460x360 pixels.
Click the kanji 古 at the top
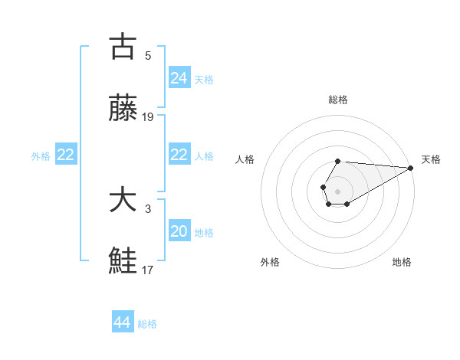click(123, 47)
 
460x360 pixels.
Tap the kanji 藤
click(123, 110)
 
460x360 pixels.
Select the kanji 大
click(123, 200)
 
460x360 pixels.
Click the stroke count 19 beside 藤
click(148, 117)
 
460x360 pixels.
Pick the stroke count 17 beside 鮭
click(148, 270)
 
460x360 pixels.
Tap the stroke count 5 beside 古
click(148, 55)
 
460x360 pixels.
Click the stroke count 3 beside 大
click(148, 208)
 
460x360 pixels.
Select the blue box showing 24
click(179, 77)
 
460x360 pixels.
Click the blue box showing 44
click(122, 322)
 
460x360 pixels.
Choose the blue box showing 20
click(179, 231)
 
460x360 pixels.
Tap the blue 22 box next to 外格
click(65, 155)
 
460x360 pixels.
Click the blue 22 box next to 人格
click(179, 155)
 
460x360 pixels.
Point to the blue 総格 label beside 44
click(147, 324)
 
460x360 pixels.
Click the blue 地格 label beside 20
click(204, 233)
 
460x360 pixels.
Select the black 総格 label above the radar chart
click(337, 100)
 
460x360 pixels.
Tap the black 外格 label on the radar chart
click(270, 262)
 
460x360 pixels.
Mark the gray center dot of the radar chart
click(337, 190)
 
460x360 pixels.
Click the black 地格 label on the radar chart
click(402, 262)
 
